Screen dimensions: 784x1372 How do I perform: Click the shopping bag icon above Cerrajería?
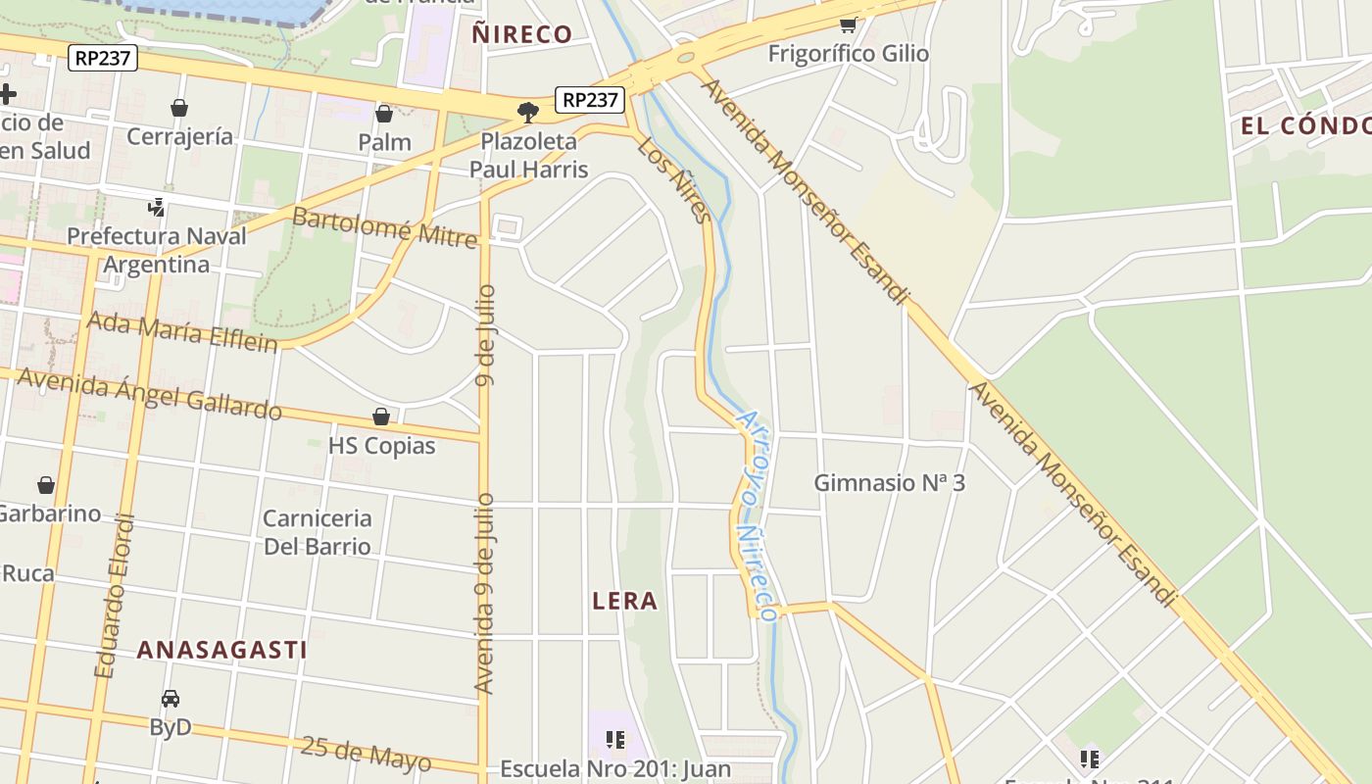[x=179, y=108]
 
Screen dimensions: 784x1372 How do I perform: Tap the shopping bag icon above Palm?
[x=384, y=115]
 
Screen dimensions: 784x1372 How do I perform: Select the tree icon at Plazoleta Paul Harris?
[x=528, y=111]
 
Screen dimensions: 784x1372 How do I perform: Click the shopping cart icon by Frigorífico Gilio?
[x=848, y=24]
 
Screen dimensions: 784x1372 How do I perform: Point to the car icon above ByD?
[x=171, y=699]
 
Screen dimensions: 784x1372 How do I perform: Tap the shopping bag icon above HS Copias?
[x=381, y=417]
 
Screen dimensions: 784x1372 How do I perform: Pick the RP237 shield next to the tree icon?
[x=590, y=100]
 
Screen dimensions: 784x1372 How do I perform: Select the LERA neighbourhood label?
[x=624, y=601]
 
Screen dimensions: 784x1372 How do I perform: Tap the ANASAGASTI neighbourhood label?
[x=221, y=649]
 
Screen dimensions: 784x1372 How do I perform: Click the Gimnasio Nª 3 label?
[x=889, y=483]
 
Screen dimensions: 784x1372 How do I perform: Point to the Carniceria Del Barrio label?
[x=318, y=532]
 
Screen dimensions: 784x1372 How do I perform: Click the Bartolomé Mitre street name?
[x=384, y=227]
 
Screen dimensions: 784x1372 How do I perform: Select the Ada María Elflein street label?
[x=182, y=330]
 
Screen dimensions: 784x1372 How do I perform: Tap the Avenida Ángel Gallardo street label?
[x=149, y=393]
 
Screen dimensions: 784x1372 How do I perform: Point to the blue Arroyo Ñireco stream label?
[x=756, y=514]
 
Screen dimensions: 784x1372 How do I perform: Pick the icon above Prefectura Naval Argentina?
[x=156, y=207]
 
